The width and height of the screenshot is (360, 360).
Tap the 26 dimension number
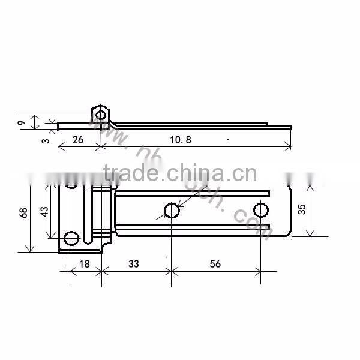coord(77,140)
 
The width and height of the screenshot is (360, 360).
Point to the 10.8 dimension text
coord(181,140)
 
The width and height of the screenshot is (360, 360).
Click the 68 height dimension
coord(23,212)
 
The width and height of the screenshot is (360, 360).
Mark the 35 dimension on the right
coord(302,209)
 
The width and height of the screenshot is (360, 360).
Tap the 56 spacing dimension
coord(215,263)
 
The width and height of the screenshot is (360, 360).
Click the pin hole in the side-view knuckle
coord(100,114)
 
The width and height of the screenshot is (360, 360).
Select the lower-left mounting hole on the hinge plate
coord(71,238)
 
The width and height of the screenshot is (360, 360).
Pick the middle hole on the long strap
coord(172,210)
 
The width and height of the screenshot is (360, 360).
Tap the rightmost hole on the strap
coord(261,210)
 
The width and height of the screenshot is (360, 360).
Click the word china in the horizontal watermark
coord(190,174)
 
